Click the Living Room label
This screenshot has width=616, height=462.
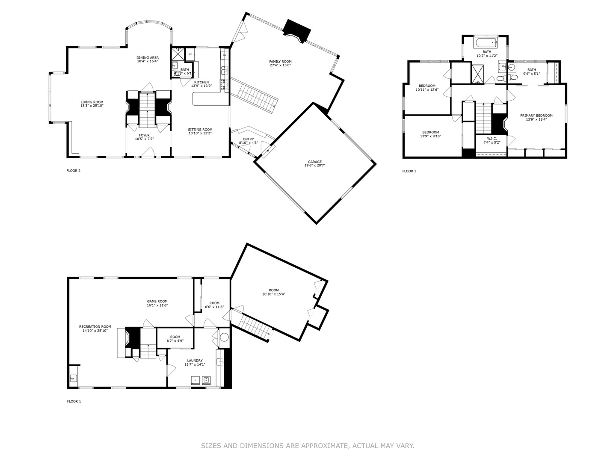pos(92,102)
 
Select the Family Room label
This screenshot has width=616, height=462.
pos(280,62)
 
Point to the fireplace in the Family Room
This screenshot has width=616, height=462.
pos(298,31)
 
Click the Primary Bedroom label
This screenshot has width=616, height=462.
pos(536,115)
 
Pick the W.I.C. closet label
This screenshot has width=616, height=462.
pos(492,138)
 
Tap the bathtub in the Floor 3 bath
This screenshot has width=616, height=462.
pos(486,42)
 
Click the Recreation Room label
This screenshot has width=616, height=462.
pos(95,327)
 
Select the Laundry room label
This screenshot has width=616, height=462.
pos(195,361)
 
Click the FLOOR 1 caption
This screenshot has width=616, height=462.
pos(74,401)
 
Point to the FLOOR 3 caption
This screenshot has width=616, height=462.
pos(409,171)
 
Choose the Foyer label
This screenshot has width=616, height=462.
pos(144,135)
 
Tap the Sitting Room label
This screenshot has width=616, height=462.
pos(200,130)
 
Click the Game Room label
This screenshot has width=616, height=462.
pos(157,301)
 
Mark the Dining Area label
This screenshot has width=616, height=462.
pos(148,58)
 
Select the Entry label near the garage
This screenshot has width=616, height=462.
pos(248,139)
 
